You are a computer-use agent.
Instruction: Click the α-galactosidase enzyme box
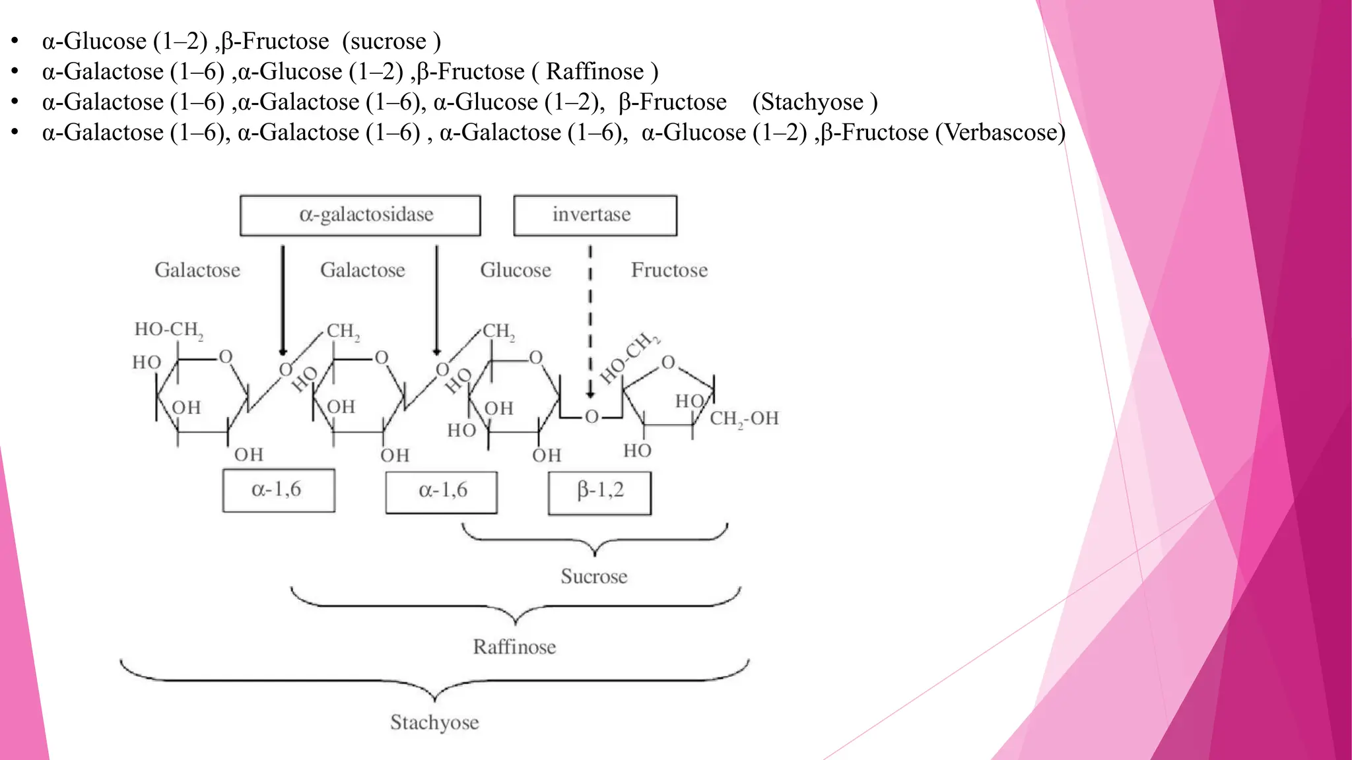click(x=360, y=215)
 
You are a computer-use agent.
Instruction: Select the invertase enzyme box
click(x=595, y=215)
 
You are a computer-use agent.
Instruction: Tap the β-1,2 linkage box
click(x=599, y=492)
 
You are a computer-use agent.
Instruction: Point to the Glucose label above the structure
click(x=515, y=270)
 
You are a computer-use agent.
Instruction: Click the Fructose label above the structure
click(x=669, y=270)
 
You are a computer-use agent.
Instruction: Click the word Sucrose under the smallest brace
click(x=593, y=577)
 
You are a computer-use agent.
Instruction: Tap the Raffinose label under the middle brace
click(x=514, y=647)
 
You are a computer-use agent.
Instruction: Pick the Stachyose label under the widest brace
click(x=434, y=722)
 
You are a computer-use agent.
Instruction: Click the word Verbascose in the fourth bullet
click(x=999, y=133)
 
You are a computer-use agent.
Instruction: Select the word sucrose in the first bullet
click(x=388, y=42)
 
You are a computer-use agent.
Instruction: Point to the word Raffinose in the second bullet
click(x=595, y=72)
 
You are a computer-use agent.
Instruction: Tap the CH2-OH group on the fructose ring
click(x=744, y=418)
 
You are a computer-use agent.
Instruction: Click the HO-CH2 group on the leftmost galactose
click(x=168, y=329)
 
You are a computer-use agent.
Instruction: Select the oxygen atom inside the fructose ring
click(x=668, y=362)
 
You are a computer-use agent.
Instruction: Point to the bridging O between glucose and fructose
click(x=591, y=416)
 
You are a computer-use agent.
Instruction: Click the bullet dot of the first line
click(x=15, y=41)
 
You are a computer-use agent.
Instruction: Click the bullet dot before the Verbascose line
click(x=15, y=132)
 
